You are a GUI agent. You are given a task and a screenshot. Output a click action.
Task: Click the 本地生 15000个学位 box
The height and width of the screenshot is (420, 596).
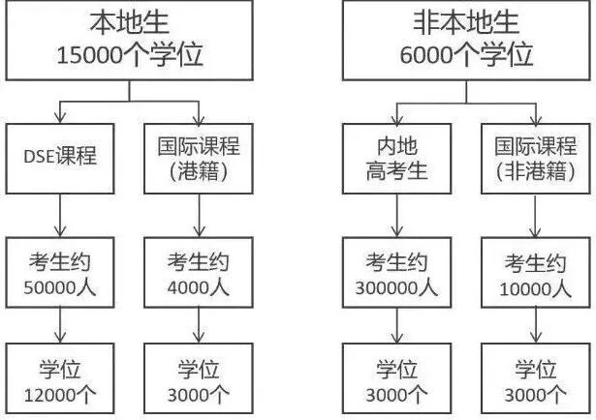pyautogui.click(x=132, y=41)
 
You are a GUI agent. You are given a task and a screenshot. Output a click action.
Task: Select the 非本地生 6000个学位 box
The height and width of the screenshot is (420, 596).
pyautogui.click(x=465, y=41)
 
